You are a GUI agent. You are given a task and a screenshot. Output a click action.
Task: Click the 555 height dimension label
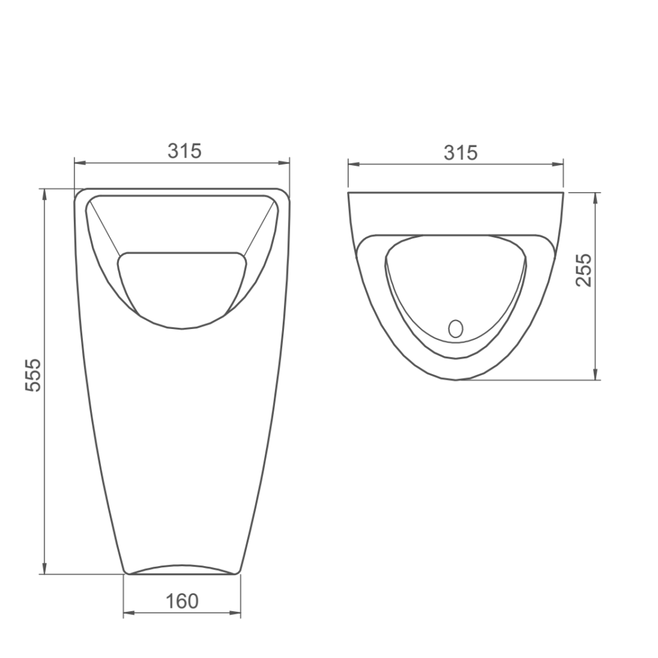point(33,375)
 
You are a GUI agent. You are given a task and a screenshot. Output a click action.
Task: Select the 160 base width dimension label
point(182,601)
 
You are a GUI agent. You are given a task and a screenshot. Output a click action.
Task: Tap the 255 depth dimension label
point(583,270)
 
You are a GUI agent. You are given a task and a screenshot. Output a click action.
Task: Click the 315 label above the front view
point(184,150)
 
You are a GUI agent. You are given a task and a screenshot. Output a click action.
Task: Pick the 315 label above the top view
point(461,153)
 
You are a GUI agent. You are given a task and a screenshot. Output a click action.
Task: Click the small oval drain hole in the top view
point(456,328)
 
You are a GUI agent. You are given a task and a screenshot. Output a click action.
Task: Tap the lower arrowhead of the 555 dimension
point(44,569)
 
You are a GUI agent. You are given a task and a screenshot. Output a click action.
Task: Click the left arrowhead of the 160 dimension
point(129,613)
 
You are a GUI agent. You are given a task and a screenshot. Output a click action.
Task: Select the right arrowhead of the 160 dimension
point(235,613)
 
